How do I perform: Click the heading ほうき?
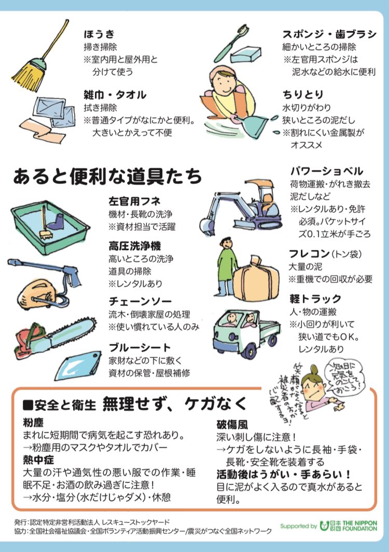(100, 35)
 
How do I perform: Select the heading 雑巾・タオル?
(115, 95)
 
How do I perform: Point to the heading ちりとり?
(303, 95)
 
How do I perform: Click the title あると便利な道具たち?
(108, 177)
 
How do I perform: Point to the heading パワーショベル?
(326, 171)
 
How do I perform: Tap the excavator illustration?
(241, 203)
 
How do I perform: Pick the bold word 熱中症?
(39, 460)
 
